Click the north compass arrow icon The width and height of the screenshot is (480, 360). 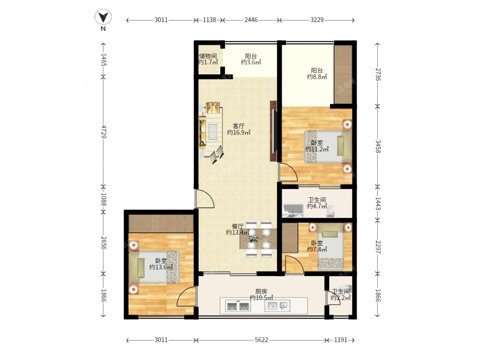point(103,17)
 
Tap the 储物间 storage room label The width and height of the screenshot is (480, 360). point(208,56)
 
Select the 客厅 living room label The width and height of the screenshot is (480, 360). point(239,126)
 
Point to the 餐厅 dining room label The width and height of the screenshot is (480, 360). point(238,227)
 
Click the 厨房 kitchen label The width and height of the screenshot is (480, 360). point(261,292)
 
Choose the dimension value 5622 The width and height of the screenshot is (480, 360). point(262,340)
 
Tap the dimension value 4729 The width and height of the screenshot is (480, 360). point(103,132)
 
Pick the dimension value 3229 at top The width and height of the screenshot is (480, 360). point(317,20)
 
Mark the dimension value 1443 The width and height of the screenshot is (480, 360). point(378,204)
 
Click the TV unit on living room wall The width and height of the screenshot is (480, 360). point(274,132)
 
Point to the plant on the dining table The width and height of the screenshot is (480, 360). point(253,239)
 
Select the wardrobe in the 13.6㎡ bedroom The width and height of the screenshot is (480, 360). point(161,224)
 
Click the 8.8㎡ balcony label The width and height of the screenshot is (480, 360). point(317,73)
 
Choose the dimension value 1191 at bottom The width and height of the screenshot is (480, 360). point(340,340)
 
